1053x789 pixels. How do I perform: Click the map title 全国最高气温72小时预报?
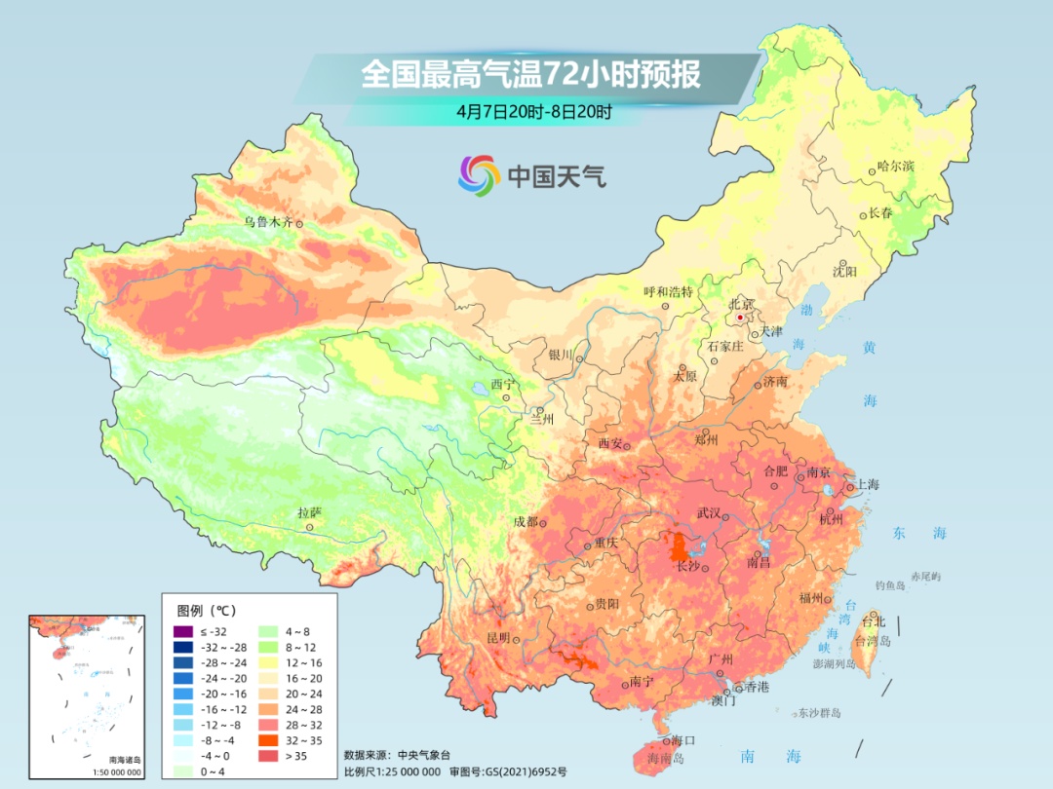coord(530,74)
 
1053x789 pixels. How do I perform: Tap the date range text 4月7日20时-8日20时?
coord(534,111)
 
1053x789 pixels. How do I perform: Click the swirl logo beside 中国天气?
coord(479,175)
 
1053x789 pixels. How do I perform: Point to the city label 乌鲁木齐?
coord(267,222)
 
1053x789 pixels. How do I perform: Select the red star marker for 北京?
coord(741,318)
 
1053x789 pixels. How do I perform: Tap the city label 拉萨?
coord(309,511)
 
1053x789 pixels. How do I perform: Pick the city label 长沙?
coord(688,566)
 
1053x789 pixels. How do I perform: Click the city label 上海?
coord(867,485)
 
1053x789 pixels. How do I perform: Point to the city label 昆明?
coord(497,638)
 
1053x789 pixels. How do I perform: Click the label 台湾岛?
coord(873,641)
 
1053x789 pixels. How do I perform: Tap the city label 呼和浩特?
coord(668,291)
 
